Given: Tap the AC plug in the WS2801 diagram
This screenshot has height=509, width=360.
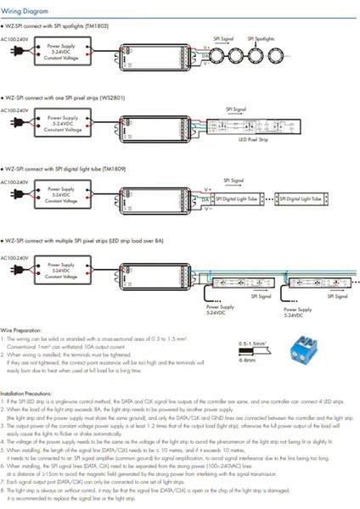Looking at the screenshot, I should (18, 126).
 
